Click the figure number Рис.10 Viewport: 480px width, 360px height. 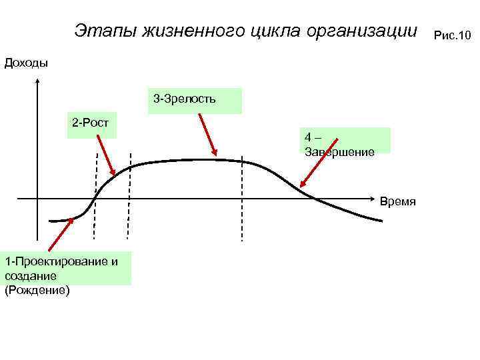tap(451, 34)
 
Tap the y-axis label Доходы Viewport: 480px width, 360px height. tap(26, 63)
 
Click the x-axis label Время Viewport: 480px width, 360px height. tap(398, 201)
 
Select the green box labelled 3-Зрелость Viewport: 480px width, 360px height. tap(194, 101)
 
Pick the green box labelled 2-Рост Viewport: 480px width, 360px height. tap(91, 124)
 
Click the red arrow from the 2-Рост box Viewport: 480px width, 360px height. tap(104, 153)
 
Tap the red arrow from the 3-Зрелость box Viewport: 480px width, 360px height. tap(207, 134)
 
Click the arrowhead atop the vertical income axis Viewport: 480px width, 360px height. tap(37, 82)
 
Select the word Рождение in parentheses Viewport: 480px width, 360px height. tap(37, 290)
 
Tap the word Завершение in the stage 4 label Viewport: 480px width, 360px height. tap(339, 151)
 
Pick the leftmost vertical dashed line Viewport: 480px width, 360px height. tap(95, 197)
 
